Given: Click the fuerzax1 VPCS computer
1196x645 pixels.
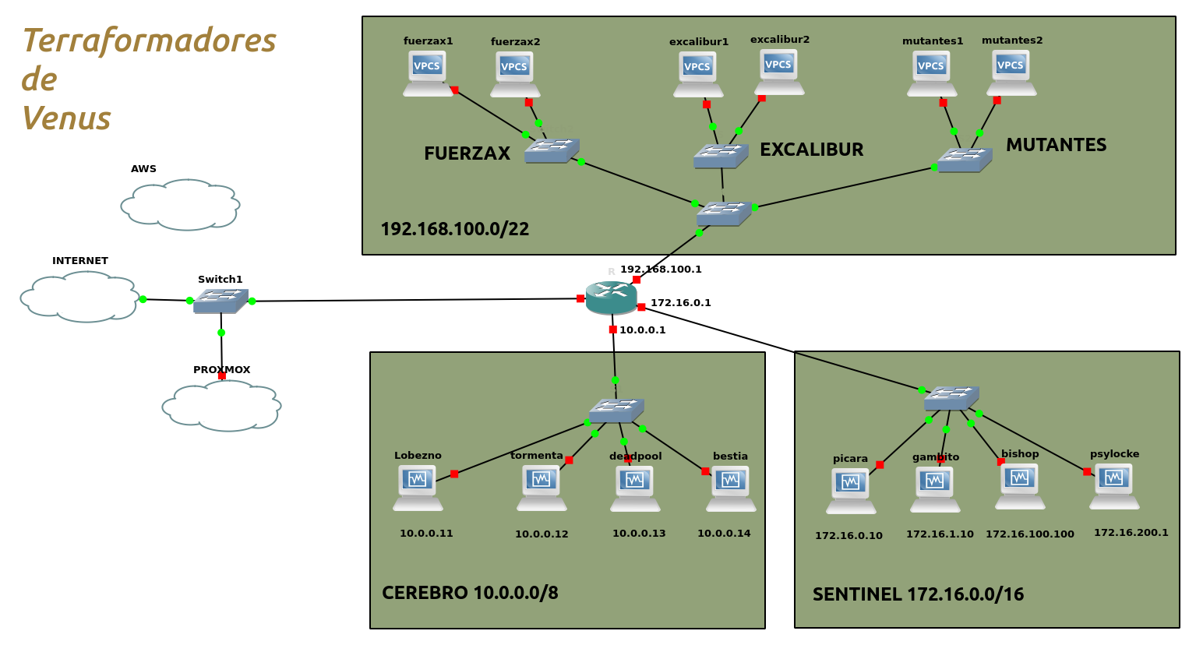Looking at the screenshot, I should coord(427,73).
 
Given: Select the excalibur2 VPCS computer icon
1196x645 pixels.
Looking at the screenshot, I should coord(778,72).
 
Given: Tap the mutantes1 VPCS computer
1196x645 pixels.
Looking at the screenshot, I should coord(931,73).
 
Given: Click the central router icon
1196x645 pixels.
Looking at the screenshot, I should coord(612,298).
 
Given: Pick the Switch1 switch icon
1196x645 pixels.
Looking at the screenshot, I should coord(221,301).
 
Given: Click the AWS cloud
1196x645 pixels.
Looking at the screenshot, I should coord(180,205).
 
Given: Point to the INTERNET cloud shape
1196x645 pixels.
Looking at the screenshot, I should coord(79,297).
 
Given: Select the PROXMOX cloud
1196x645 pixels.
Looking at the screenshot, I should coord(221,406).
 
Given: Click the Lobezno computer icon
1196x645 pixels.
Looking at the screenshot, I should coord(418,488).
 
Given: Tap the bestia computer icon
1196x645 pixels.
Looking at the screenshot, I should coord(731,488).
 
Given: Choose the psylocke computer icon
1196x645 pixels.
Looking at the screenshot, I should coord(1114,486).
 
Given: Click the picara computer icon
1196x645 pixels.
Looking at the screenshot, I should coord(851,491).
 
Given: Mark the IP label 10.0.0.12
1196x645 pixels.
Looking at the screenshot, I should coord(542,534).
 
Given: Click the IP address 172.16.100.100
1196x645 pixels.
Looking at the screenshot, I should coord(1029,534).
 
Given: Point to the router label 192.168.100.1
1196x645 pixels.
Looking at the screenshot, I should coord(661,270).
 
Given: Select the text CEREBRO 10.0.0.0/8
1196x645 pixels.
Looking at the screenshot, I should coord(470,593).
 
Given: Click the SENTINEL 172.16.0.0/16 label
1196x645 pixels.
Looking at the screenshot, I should coord(918,595).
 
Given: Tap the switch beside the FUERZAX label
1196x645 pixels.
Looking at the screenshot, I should coord(551,150).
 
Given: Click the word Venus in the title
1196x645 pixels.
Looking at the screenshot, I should coord(66,118).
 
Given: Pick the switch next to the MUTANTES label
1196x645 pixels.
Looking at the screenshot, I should coord(964,160).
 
